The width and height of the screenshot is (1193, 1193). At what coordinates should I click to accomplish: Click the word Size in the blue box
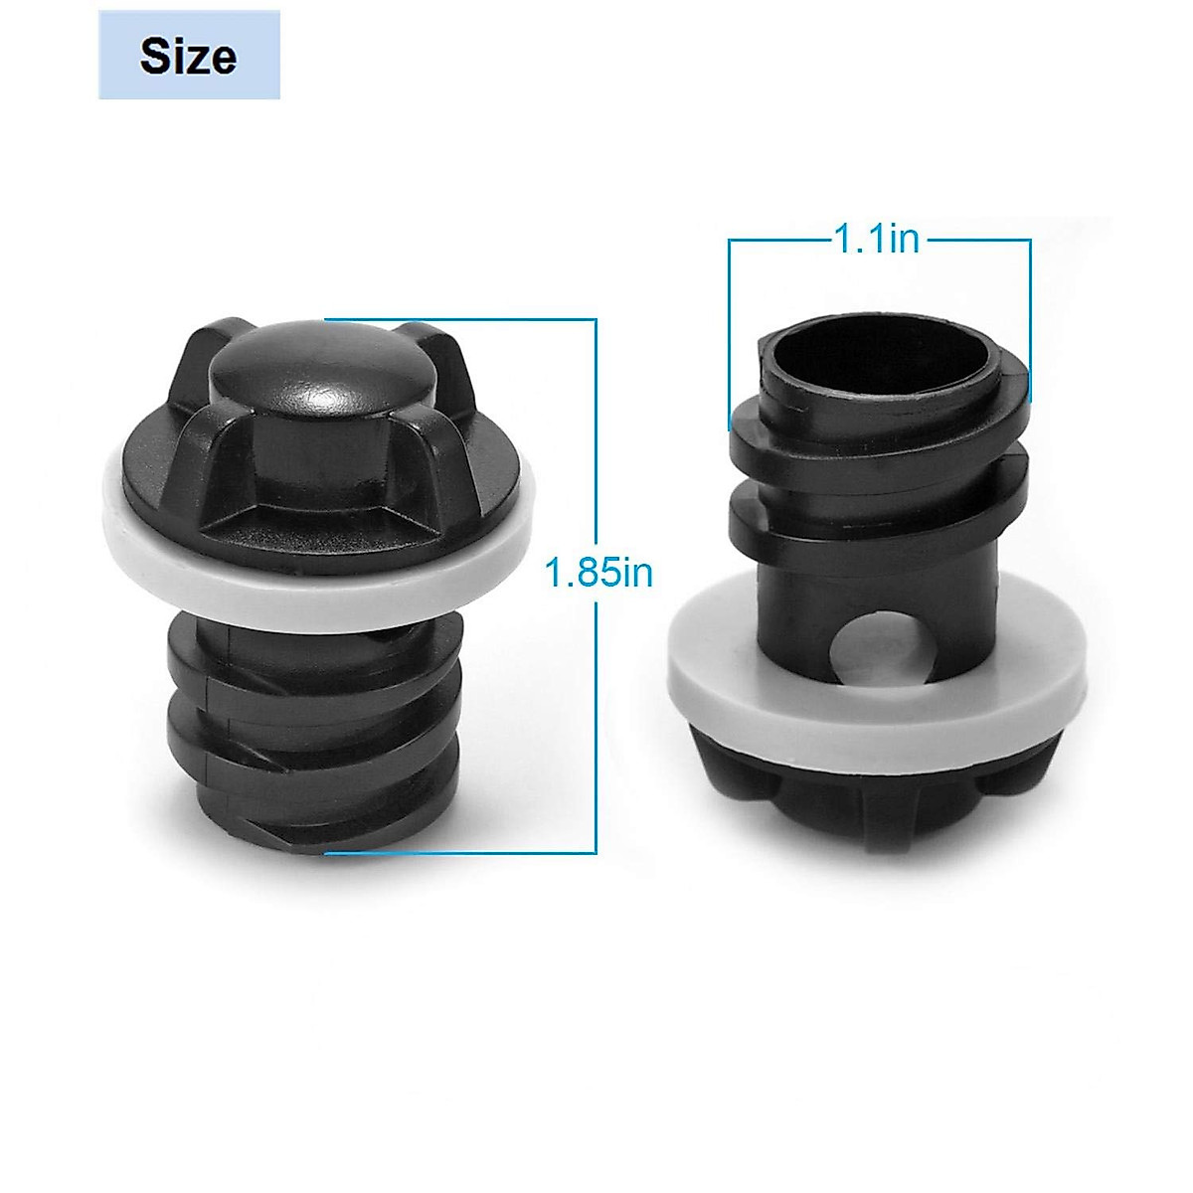point(189,56)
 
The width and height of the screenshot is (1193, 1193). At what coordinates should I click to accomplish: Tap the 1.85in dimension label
point(598,574)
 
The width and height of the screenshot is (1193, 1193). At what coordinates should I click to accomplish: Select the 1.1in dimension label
point(877,240)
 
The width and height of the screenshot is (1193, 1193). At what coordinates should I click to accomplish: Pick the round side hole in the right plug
point(871,646)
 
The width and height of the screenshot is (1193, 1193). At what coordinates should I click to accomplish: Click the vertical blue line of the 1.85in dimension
point(596,696)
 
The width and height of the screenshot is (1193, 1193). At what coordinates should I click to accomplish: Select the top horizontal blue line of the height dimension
point(457,319)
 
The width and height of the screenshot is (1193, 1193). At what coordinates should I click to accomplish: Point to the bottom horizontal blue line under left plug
point(457,853)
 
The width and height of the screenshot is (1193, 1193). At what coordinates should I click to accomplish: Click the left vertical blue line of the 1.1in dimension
point(729,328)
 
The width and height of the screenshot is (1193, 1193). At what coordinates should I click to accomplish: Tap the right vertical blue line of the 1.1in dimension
point(1030,318)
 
